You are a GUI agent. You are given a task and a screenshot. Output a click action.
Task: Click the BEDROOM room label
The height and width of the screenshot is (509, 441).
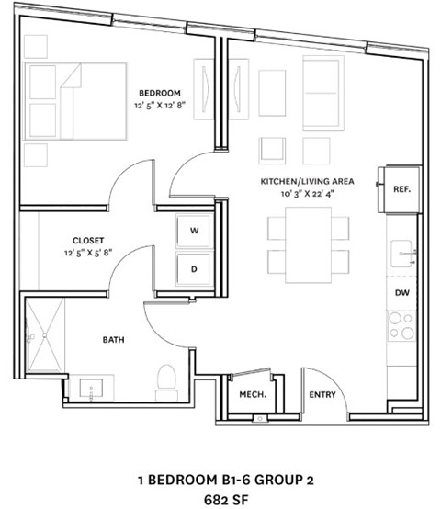point(160,92)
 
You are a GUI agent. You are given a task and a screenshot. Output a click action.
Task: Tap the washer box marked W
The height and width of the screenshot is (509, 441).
point(194,230)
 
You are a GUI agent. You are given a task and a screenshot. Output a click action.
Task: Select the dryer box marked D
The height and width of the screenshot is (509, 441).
point(194,269)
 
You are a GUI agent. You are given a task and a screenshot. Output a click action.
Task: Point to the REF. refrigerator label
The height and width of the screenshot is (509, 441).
point(401,189)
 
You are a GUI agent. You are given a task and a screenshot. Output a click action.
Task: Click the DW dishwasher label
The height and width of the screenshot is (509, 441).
point(401,292)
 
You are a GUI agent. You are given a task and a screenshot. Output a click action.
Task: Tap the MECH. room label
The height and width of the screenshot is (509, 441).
point(253,395)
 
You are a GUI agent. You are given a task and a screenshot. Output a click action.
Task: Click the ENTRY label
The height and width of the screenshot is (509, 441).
point(322,395)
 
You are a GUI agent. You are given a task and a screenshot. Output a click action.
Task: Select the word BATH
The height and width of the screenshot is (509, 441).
point(113,340)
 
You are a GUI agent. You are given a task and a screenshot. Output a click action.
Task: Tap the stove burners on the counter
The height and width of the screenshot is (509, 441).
point(401,324)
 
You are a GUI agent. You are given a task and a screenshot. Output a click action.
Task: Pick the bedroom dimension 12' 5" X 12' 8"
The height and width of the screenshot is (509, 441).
point(159,106)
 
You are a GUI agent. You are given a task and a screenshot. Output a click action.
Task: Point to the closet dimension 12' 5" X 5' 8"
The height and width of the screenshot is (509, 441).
point(88,252)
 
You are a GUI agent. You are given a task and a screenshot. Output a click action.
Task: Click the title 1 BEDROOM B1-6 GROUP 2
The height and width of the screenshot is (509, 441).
point(220,479)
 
